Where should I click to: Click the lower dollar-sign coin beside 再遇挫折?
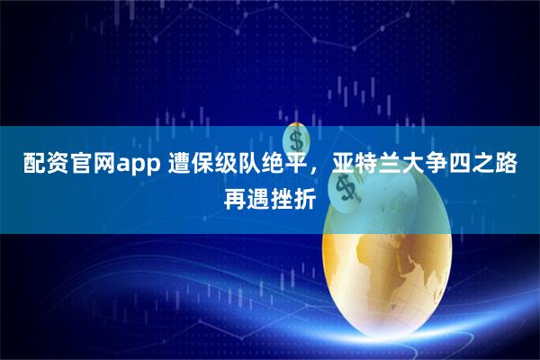(343, 189)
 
